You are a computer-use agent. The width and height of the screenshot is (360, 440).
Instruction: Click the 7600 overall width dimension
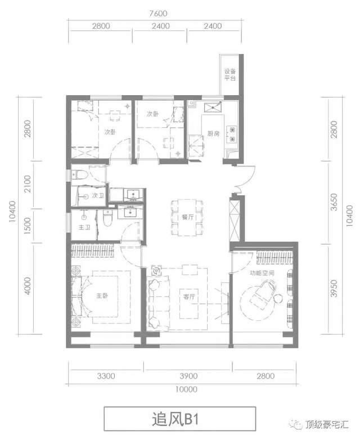[x=158, y=13]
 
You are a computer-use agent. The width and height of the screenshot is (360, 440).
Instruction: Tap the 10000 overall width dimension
[x=186, y=389]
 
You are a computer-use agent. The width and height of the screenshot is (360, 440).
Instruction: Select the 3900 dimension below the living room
[x=188, y=376]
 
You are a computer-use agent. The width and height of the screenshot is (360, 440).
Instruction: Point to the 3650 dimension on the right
[x=334, y=202]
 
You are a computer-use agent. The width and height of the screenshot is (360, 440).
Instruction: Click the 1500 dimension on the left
[x=27, y=226]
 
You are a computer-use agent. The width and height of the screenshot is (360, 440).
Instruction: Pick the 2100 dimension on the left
[x=27, y=184]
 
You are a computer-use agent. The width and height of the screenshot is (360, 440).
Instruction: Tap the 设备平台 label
[x=230, y=75]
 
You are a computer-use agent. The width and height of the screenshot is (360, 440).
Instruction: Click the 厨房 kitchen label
[x=214, y=133]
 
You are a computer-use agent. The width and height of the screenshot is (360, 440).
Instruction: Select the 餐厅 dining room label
[x=187, y=217]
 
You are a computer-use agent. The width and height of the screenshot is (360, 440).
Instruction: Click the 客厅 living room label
[x=189, y=297]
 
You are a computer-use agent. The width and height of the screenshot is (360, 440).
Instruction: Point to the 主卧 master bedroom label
[x=102, y=295]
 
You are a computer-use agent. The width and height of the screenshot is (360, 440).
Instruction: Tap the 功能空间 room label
[x=262, y=273]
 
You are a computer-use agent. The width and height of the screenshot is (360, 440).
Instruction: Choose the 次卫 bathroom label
[x=98, y=195]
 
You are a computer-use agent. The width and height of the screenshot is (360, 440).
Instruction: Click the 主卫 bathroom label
[x=84, y=227]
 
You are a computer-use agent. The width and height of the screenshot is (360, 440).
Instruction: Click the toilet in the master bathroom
[x=107, y=218]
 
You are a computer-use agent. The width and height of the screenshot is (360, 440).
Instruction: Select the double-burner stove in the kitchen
[x=233, y=134]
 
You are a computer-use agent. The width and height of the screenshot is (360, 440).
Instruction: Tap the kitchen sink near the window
[x=213, y=107]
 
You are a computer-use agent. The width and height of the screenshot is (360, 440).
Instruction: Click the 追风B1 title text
[x=175, y=419]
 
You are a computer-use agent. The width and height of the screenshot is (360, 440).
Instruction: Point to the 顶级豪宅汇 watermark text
[x=327, y=424]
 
